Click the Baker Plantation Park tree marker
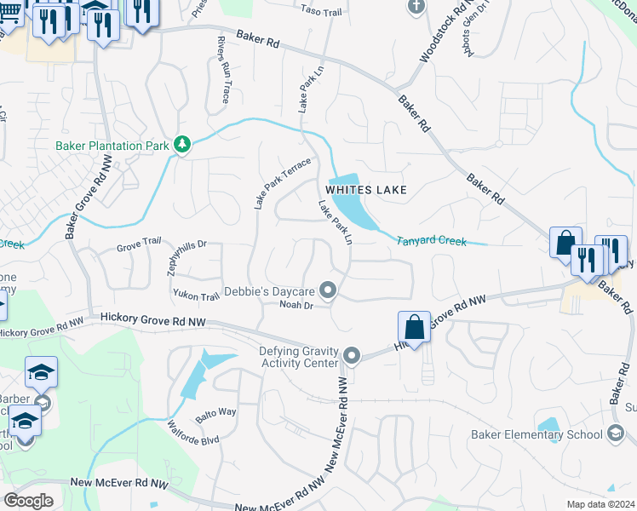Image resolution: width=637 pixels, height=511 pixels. click(181, 146)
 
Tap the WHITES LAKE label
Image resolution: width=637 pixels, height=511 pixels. click(364, 189)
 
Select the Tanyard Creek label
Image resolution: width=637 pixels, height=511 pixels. click(432, 241)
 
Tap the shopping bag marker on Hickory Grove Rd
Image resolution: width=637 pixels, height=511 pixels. click(413, 327)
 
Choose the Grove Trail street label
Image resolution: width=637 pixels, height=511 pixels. click(139, 241)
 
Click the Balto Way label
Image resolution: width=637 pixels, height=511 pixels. click(215, 411)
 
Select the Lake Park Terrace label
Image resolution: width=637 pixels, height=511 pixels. click(283, 183)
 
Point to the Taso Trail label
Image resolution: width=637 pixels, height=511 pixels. click(320, 9)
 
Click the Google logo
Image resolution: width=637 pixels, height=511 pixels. click(29, 500)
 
